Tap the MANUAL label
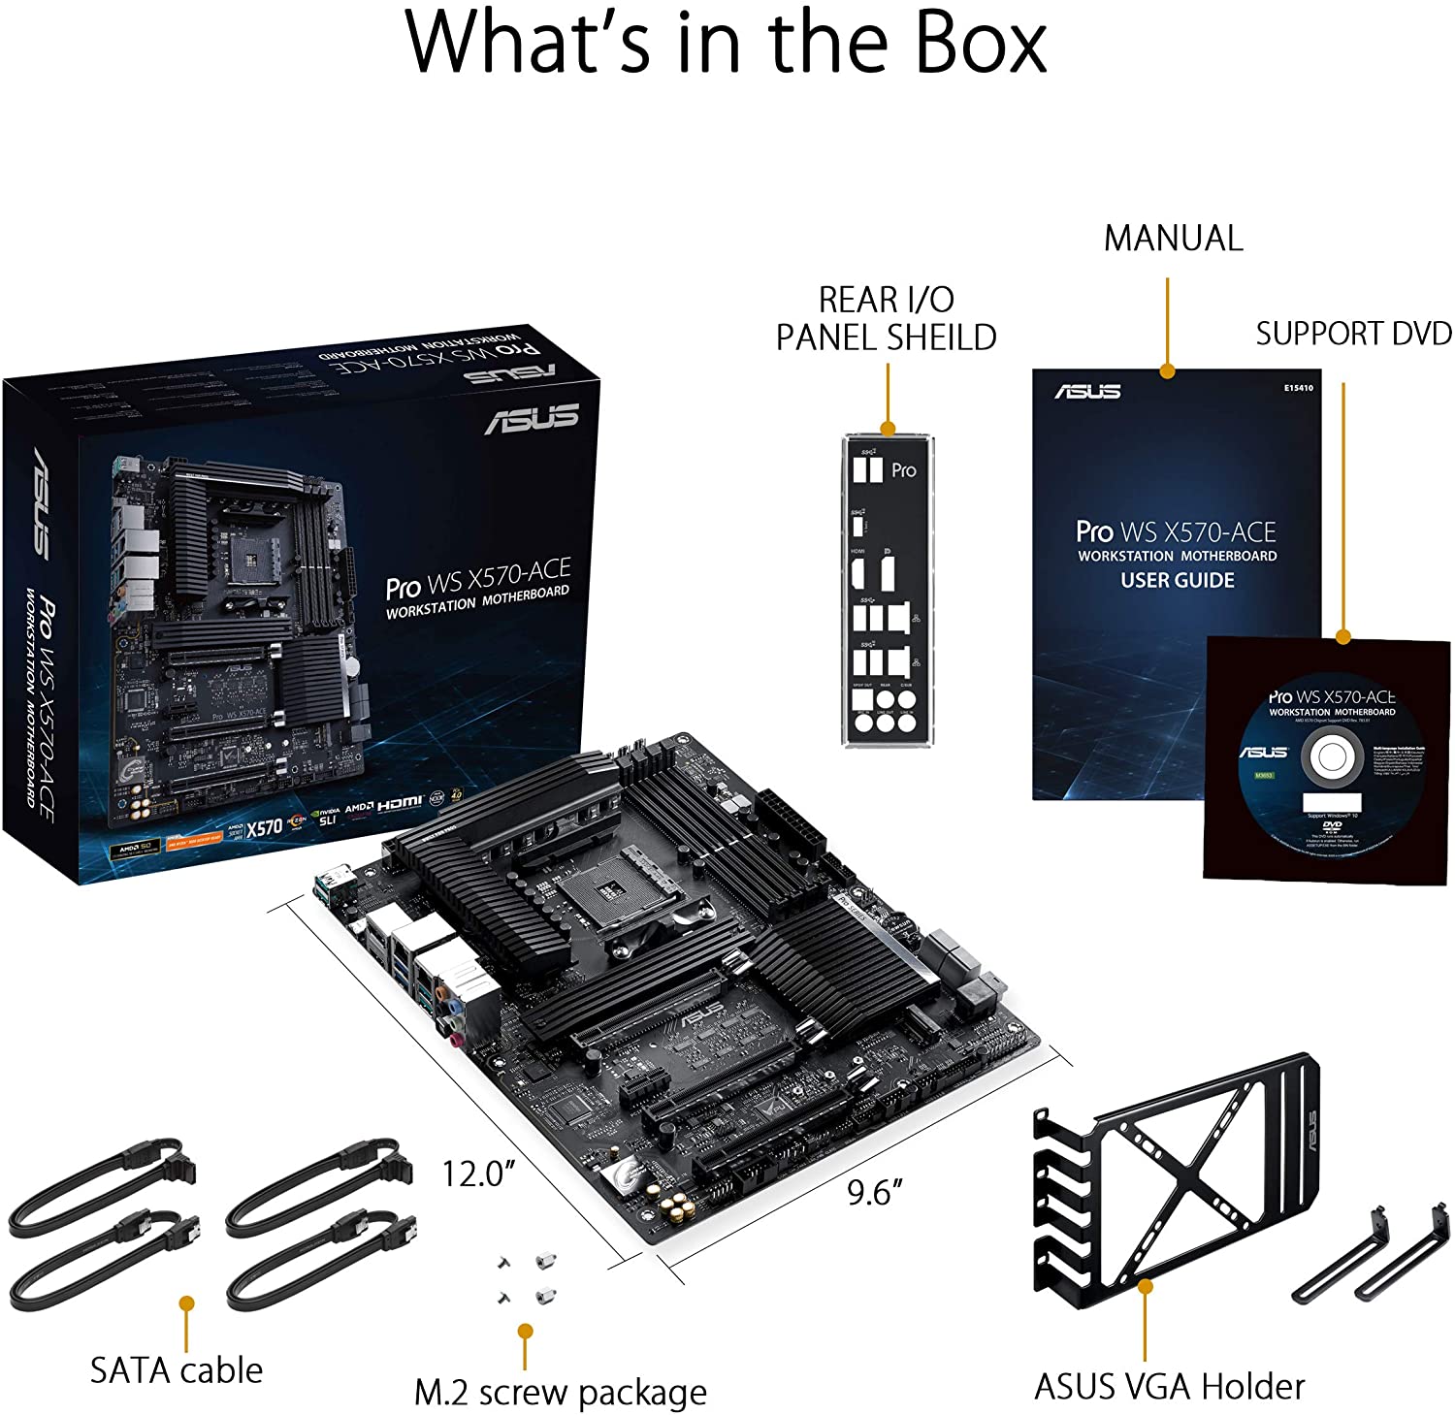pos(1173,239)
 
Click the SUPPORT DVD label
pos(1353,334)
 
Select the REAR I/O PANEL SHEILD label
pos(886,318)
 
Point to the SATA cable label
pos(177,1369)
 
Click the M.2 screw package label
pos(560,1392)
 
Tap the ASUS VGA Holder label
pos(1169,1386)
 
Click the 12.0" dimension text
pos(477,1174)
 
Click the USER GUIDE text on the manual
pos(1178,580)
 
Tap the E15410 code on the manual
pos(1298,388)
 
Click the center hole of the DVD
pos(1329,758)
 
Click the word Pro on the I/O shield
pos(903,470)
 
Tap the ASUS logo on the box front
pos(532,418)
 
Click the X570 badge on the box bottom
pos(263,827)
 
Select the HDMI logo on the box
pos(400,803)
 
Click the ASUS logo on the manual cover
pos(1087,392)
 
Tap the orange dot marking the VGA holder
pos(1146,1286)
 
